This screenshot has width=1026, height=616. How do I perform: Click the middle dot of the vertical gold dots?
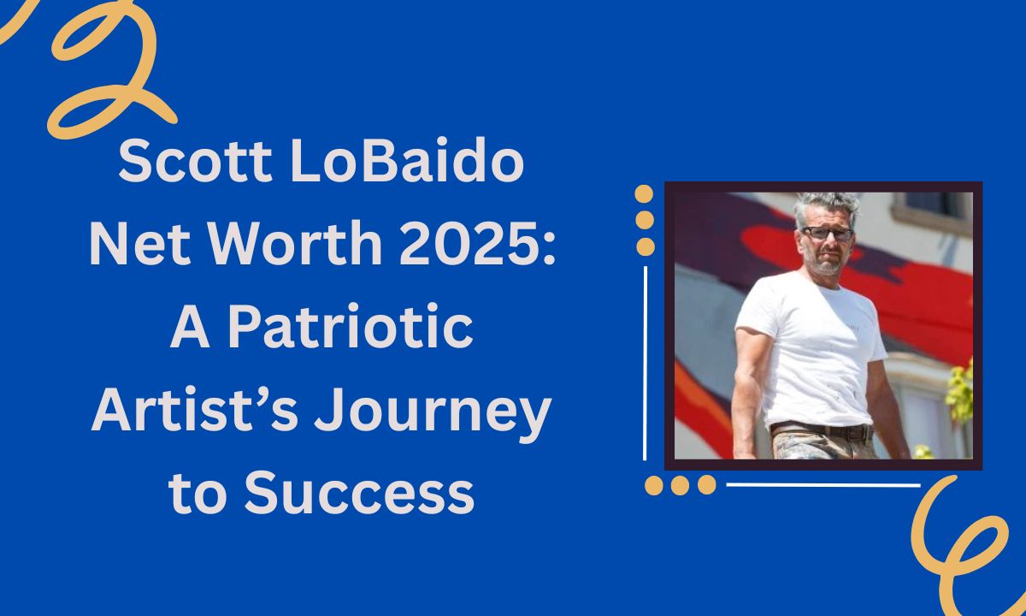(645, 220)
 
